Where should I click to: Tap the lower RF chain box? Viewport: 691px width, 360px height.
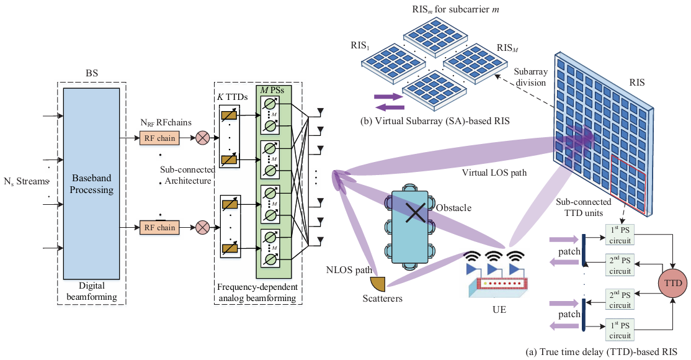159,228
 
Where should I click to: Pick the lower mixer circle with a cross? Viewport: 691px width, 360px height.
202,228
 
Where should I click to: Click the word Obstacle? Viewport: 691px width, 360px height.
453,207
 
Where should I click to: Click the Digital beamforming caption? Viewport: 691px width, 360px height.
94,292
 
